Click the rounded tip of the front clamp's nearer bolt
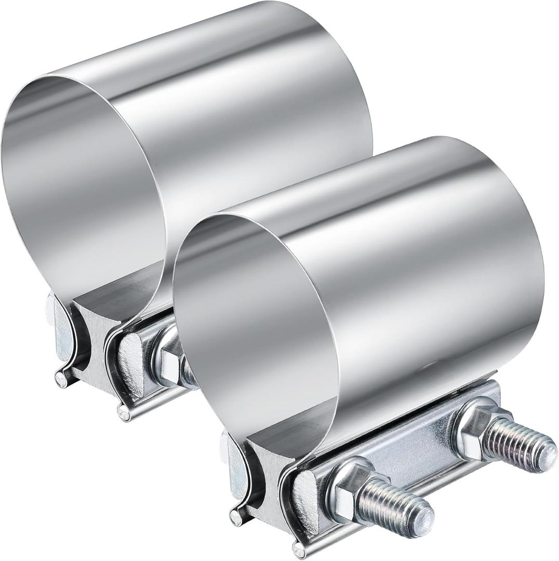point(423,515)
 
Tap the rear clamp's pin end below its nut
point(123,412)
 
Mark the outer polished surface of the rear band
point(234,104)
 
